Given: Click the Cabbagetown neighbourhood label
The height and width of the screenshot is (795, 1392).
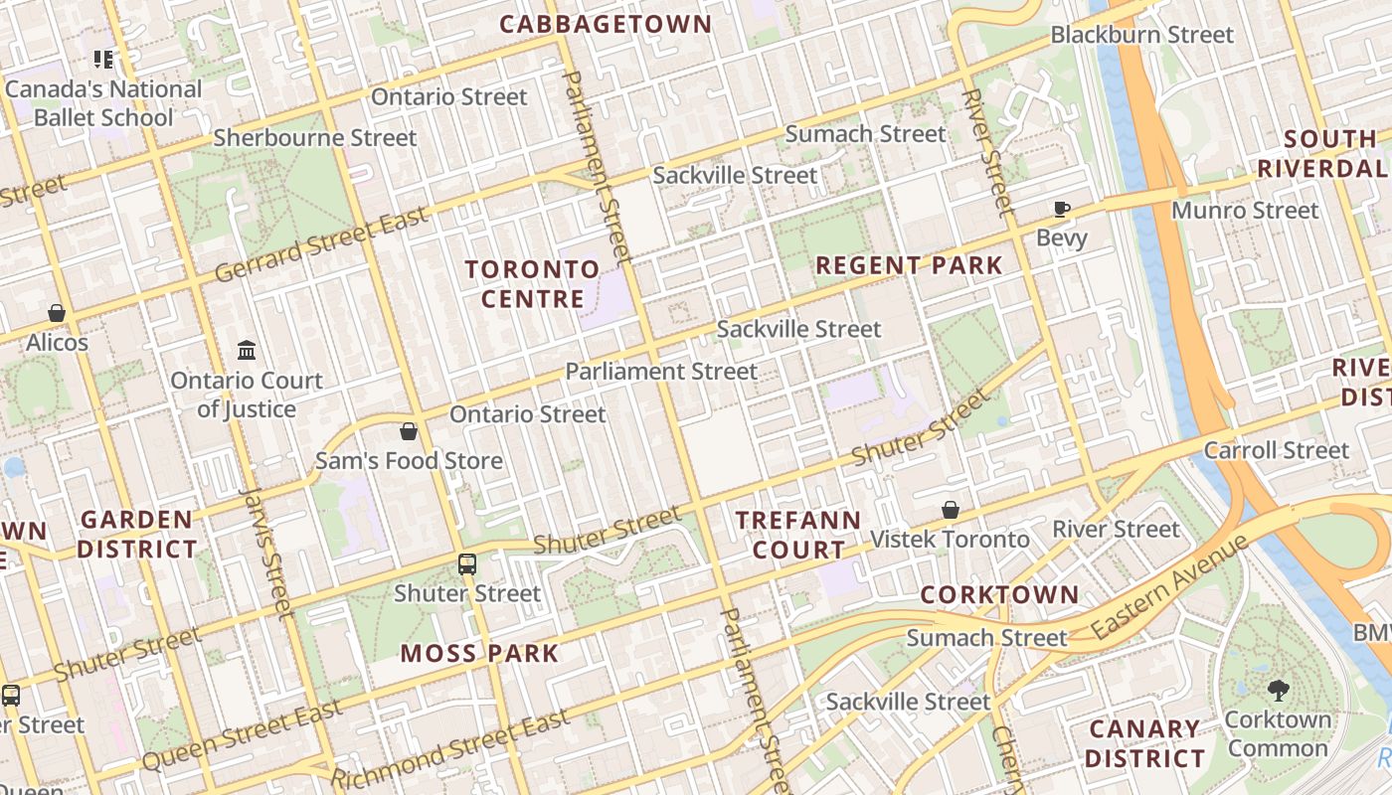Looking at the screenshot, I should tap(606, 24).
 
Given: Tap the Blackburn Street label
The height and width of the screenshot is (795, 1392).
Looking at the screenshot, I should tap(1141, 35).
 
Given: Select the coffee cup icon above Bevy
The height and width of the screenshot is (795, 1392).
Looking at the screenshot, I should tap(1062, 209).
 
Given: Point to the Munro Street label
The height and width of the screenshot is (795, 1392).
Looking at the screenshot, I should tap(1245, 211).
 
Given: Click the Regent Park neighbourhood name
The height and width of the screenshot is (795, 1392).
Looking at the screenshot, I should tap(909, 265).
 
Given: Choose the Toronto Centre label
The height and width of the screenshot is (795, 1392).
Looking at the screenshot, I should tap(532, 284).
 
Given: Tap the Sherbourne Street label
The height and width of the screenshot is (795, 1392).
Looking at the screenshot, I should tap(315, 138).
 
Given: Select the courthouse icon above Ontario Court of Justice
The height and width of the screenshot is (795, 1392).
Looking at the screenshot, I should tap(247, 351).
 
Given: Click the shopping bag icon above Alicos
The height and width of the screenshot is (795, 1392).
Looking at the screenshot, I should tap(57, 313).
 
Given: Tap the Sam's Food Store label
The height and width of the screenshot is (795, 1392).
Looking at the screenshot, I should tap(409, 461).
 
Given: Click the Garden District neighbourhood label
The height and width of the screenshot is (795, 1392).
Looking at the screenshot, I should tap(137, 534).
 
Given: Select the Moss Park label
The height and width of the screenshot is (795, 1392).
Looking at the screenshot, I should tap(479, 653).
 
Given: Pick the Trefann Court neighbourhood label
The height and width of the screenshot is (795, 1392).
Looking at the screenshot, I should tap(797, 535).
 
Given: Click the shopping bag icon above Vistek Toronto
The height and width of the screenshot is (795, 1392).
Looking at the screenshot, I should tap(951, 510).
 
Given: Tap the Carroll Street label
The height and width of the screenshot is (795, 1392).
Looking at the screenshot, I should tap(1277, 450).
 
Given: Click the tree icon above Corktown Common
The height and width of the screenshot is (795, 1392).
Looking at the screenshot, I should tap(1279, 690).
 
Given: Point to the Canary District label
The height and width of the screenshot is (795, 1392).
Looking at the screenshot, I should tap(1144, 744).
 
